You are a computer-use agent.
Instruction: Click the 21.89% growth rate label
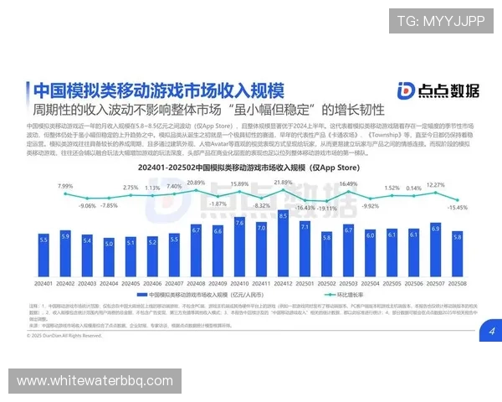(283, 181)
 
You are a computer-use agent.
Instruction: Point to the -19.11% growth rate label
(326, 209)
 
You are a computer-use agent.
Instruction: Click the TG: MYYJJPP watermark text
(440, 21)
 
